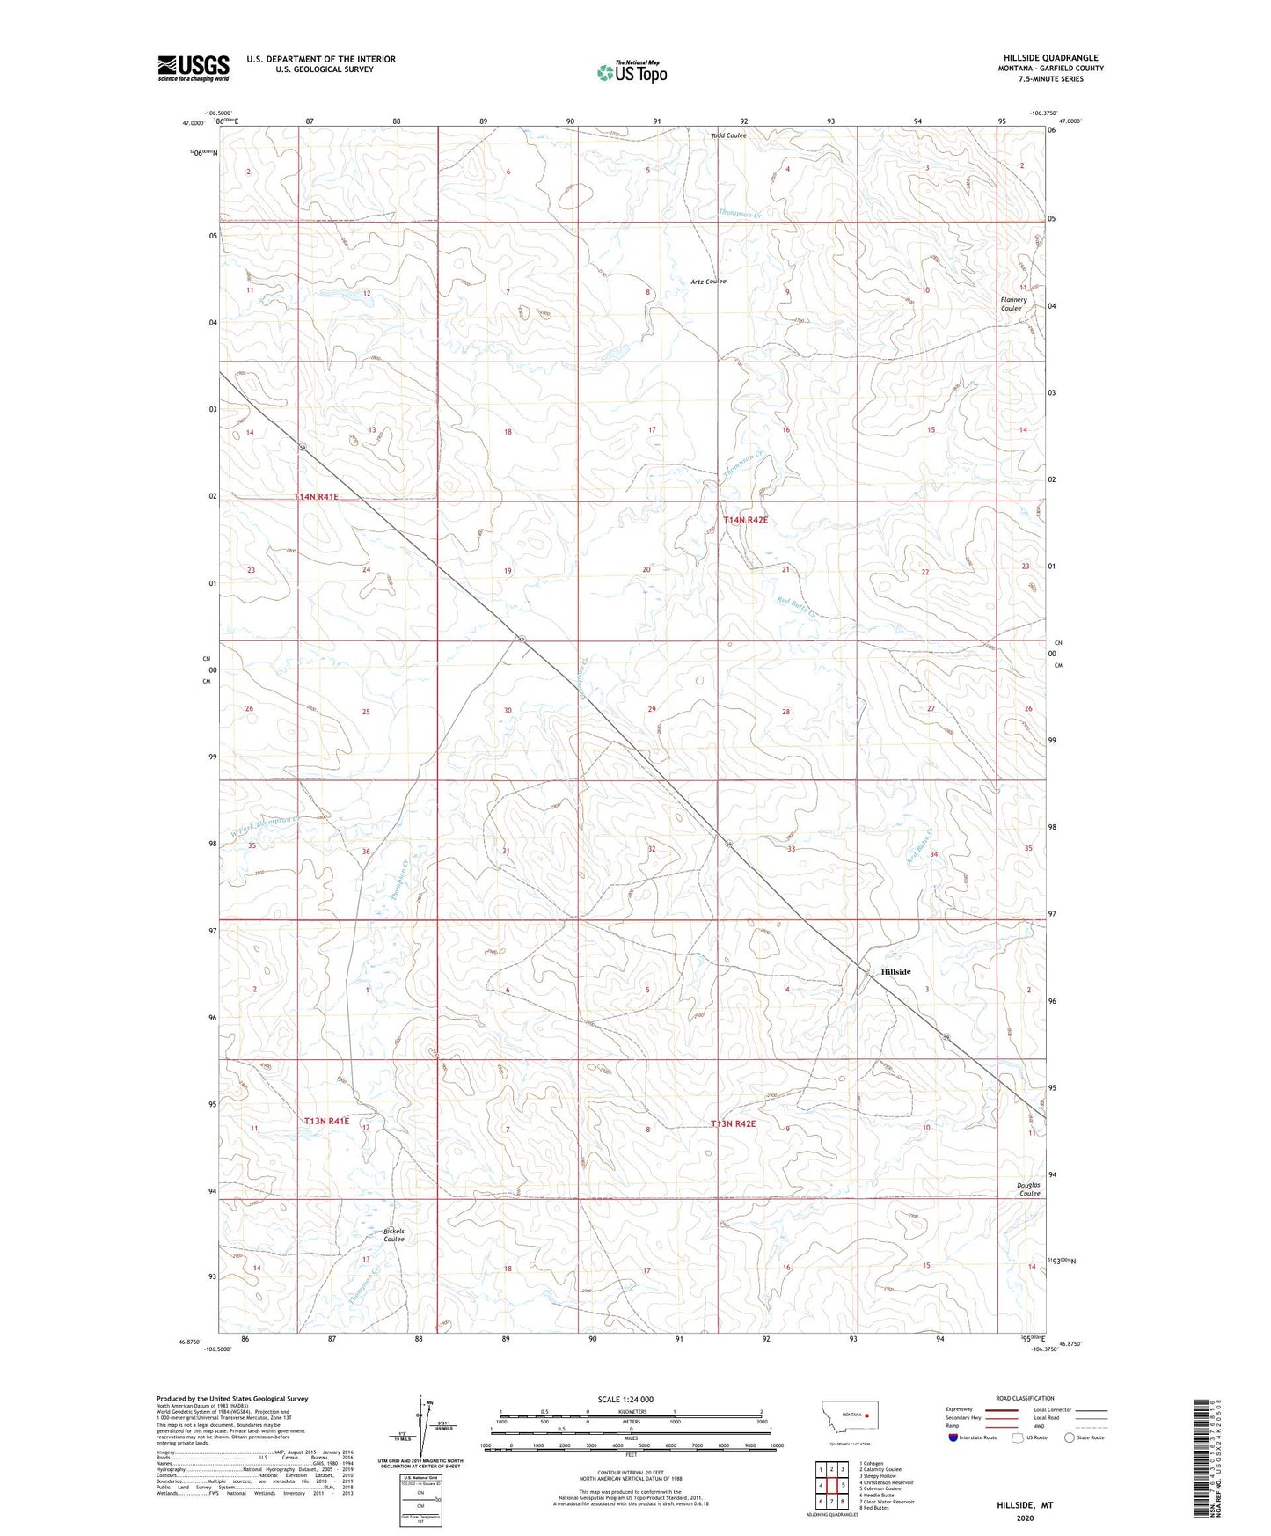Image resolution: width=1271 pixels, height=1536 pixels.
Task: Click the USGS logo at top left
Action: click(x=193, y=68)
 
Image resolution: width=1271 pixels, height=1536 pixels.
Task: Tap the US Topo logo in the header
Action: click(x=631, y=72)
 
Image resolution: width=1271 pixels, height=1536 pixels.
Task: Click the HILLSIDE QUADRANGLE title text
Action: click(x=1050, y=58)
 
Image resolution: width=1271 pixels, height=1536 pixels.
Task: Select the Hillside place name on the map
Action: click(x=895, y=972)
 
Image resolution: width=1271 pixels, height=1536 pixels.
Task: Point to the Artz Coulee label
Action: click(x=708, y=282)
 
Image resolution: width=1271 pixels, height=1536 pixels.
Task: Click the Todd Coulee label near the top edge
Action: click(x=728, y=135)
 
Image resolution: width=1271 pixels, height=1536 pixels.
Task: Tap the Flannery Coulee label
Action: click(x=1012, y=304)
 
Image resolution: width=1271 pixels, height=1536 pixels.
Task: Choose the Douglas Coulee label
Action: click(x=1028, y=1189)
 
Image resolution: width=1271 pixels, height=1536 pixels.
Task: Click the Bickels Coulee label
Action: click(x=393, y=1235)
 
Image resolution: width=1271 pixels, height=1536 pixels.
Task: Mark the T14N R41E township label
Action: click(x=316, y=497)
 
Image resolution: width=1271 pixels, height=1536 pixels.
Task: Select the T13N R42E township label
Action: click(x=734, y=1124)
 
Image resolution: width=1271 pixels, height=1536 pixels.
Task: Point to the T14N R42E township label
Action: click(x=745, y=520)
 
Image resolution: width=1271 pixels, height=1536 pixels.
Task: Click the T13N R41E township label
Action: click(x=326, y=1122)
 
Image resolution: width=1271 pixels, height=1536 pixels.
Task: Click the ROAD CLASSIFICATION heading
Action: click(x=1025, y=1398)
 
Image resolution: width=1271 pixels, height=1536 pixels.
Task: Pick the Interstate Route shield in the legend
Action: click(x=954, y=1437)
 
